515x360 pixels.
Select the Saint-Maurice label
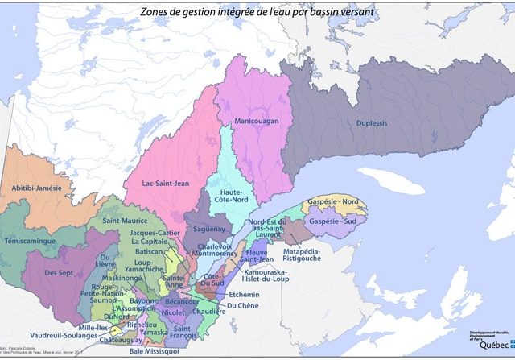pos(122,219)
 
